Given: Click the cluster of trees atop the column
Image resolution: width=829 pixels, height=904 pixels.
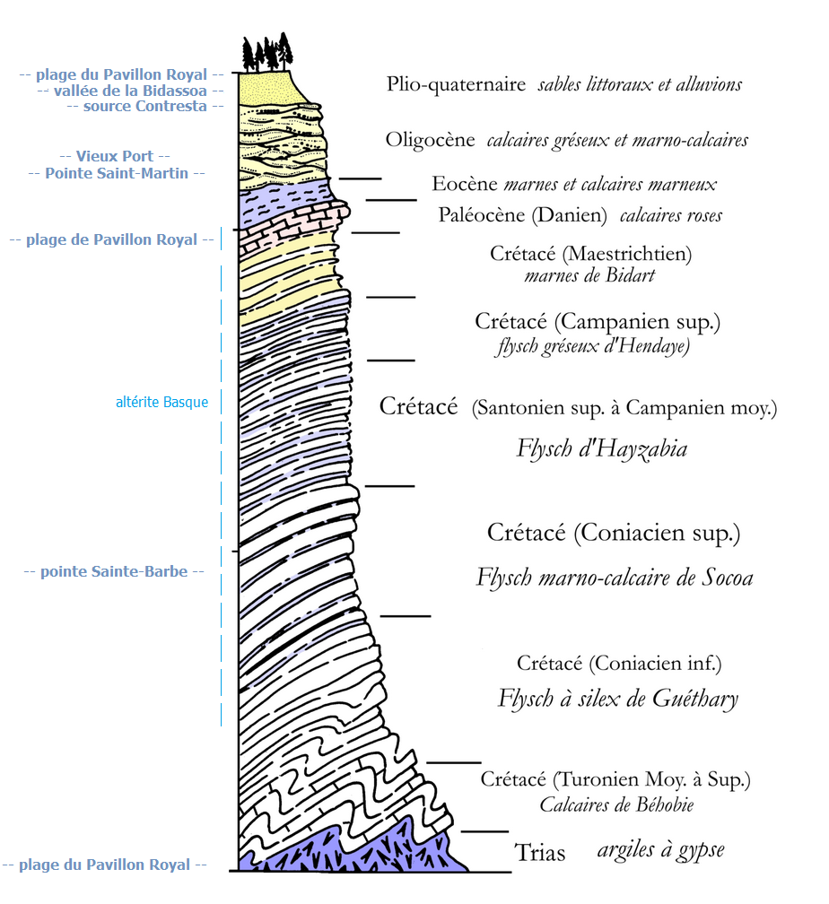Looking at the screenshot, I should (x=267, y=53).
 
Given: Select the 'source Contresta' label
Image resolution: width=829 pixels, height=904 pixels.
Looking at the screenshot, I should (x=144, y=106).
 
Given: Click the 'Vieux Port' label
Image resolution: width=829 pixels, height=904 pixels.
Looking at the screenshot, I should (x=114, y=156).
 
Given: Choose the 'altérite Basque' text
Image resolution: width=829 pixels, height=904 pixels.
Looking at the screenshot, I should (x=161, y=403).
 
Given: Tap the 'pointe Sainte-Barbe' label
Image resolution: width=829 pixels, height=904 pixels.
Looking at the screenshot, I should (x=114, y=571).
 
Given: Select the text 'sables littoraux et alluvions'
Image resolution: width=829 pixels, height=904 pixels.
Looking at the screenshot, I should (x=640, y=84).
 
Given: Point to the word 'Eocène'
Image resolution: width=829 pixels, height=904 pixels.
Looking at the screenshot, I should (x=464, y=184).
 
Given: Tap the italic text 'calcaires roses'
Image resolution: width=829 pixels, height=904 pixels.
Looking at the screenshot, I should (x=670, y=215).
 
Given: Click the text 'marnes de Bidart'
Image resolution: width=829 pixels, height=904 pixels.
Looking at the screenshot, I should (x=589, y=275).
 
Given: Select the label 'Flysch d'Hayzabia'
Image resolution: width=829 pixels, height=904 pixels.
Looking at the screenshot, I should (x=601, y=448).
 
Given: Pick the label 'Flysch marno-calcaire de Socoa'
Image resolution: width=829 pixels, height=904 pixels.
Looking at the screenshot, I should (x=614, y=577).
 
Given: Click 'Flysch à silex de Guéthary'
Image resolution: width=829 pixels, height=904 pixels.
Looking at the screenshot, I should (x=617, y=698).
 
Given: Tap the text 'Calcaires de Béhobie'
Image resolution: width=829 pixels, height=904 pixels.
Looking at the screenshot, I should (x=616, y=804).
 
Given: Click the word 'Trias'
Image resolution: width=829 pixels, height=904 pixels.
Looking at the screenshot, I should (x=540, y=852).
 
